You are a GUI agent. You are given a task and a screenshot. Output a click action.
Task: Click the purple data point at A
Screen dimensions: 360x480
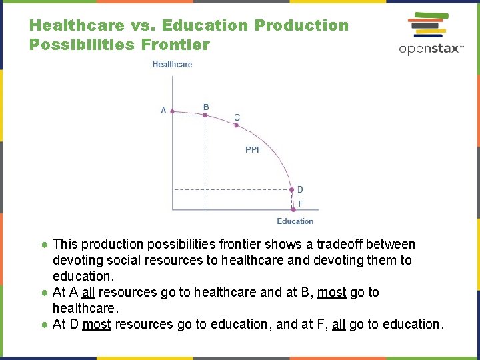pyautogui.click(x=173, y=112)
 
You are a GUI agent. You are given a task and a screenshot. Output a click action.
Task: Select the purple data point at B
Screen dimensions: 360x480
pyautogui.click(x=205, y=115)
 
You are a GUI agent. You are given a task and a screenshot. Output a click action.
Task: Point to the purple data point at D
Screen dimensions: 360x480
pyautogui.click(x=291, y=190)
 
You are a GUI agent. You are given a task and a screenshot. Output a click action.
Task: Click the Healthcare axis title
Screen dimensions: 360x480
pyautogui.click(x=172, y=65)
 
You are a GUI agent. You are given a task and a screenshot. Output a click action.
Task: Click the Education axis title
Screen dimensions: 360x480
pyautogui.click(x=295, y=221)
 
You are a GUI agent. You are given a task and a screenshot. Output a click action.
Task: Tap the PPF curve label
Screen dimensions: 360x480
pyautogui.click(x=253, y=150)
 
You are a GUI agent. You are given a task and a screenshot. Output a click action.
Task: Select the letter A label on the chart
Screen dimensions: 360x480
pyautogui.click(x=163, y=111)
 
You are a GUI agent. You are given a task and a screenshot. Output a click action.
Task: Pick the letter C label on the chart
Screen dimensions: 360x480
pyautogui.click(x=237, y=117)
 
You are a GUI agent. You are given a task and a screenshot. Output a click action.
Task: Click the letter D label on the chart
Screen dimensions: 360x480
pyautogui.click(x=300, y=189)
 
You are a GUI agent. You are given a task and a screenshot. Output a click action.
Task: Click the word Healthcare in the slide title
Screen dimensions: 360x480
pyautogui.click(x=77, y=26)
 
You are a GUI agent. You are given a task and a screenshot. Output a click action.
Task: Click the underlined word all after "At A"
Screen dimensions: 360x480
pyautogui.click(x=89, y=293)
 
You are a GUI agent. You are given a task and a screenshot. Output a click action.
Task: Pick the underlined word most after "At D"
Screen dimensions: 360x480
pyautogui.click(x=97, y=325)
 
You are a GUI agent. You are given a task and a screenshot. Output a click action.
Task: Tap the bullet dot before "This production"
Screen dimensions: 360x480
pyautogui.click(x=43, y=245)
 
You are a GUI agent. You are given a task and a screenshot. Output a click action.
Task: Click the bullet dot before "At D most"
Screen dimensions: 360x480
pyautogui.click(x=43, y=325)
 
